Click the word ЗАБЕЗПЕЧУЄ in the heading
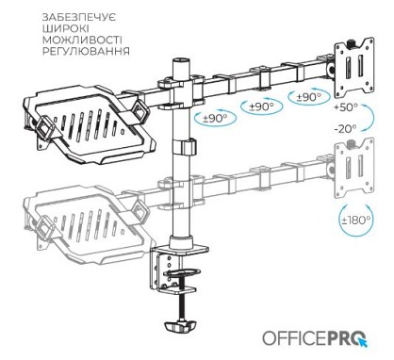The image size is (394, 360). click(x=79, y=17)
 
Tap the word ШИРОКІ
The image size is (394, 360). click(x=66, y=28)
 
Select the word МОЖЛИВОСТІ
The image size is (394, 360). click(x=82, y=40)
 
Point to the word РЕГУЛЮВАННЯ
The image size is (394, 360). click(x=86, y=51)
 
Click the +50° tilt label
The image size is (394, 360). click(x=346, y=107)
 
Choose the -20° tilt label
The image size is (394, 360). click(x=345, y=129)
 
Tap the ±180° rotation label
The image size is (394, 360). click(x=356, y=220)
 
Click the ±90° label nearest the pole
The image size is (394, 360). click(x=215, y=119)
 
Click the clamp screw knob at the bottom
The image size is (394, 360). click(x=180, y=327)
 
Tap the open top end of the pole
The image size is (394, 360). click(x=182, y=60)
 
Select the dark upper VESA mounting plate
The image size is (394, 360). click(x=354, y=66)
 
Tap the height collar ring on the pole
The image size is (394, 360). click(x=184, y=147)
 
